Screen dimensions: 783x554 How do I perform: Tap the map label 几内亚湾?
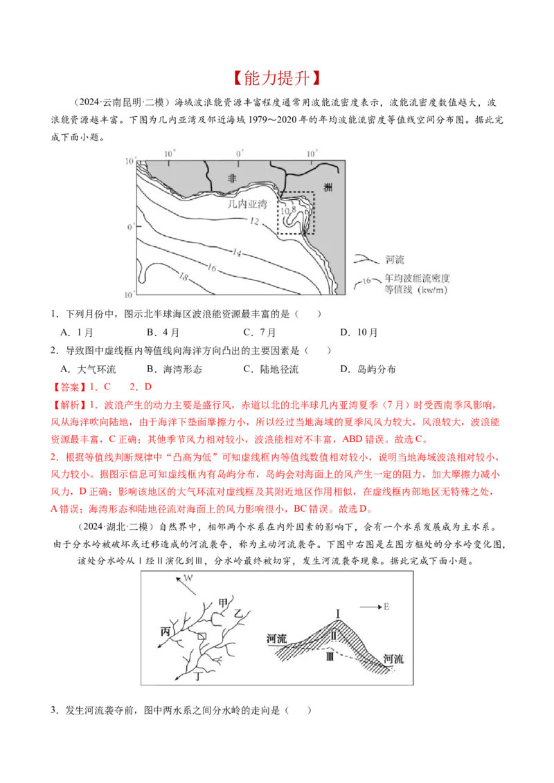247,205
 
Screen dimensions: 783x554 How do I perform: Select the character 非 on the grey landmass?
232,178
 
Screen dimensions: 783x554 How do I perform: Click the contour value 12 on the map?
253,221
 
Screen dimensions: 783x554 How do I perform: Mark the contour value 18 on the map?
184,277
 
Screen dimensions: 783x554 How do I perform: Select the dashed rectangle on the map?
296,214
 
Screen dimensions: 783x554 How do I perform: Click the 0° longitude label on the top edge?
240,151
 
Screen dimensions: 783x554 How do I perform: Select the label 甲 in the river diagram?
222,602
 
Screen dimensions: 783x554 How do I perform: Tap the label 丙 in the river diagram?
165,632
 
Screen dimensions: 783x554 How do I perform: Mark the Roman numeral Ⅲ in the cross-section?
330,656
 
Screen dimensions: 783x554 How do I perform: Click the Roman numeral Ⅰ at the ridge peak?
338,613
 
